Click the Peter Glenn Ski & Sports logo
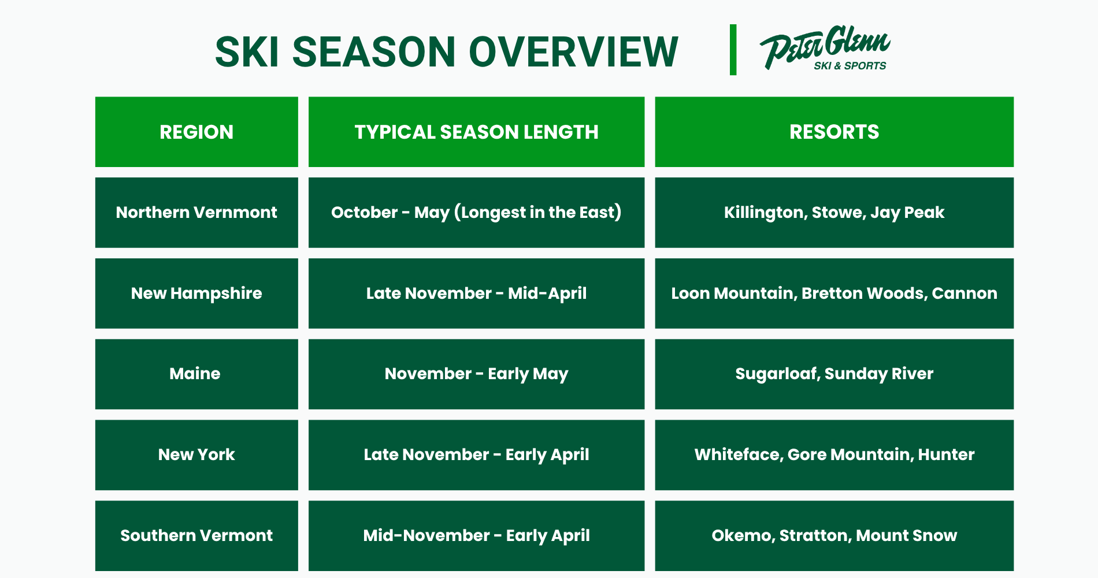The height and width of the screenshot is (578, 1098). (x=825, y=48)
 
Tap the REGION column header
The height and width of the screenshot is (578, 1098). (x=196, y=132)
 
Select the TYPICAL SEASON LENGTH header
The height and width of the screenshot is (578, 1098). (x=476, y=132)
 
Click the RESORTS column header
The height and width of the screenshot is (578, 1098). (x=834, y=132)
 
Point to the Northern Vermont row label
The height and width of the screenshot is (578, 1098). (x=196, y=212)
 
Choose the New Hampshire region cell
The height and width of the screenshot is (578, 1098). (x=196, y=293)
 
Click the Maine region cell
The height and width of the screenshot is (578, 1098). (x=196, y=374)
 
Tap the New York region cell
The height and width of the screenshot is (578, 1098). (x=196, y=455)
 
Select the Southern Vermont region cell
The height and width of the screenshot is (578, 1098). (x=196, y=536)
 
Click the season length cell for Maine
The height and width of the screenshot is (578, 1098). (x=476, y=374)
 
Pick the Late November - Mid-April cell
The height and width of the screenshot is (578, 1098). (x=476, y=293)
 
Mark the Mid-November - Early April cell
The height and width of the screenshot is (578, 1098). (x=476, y=536)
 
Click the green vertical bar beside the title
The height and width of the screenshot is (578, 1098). (x=733, y=50)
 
